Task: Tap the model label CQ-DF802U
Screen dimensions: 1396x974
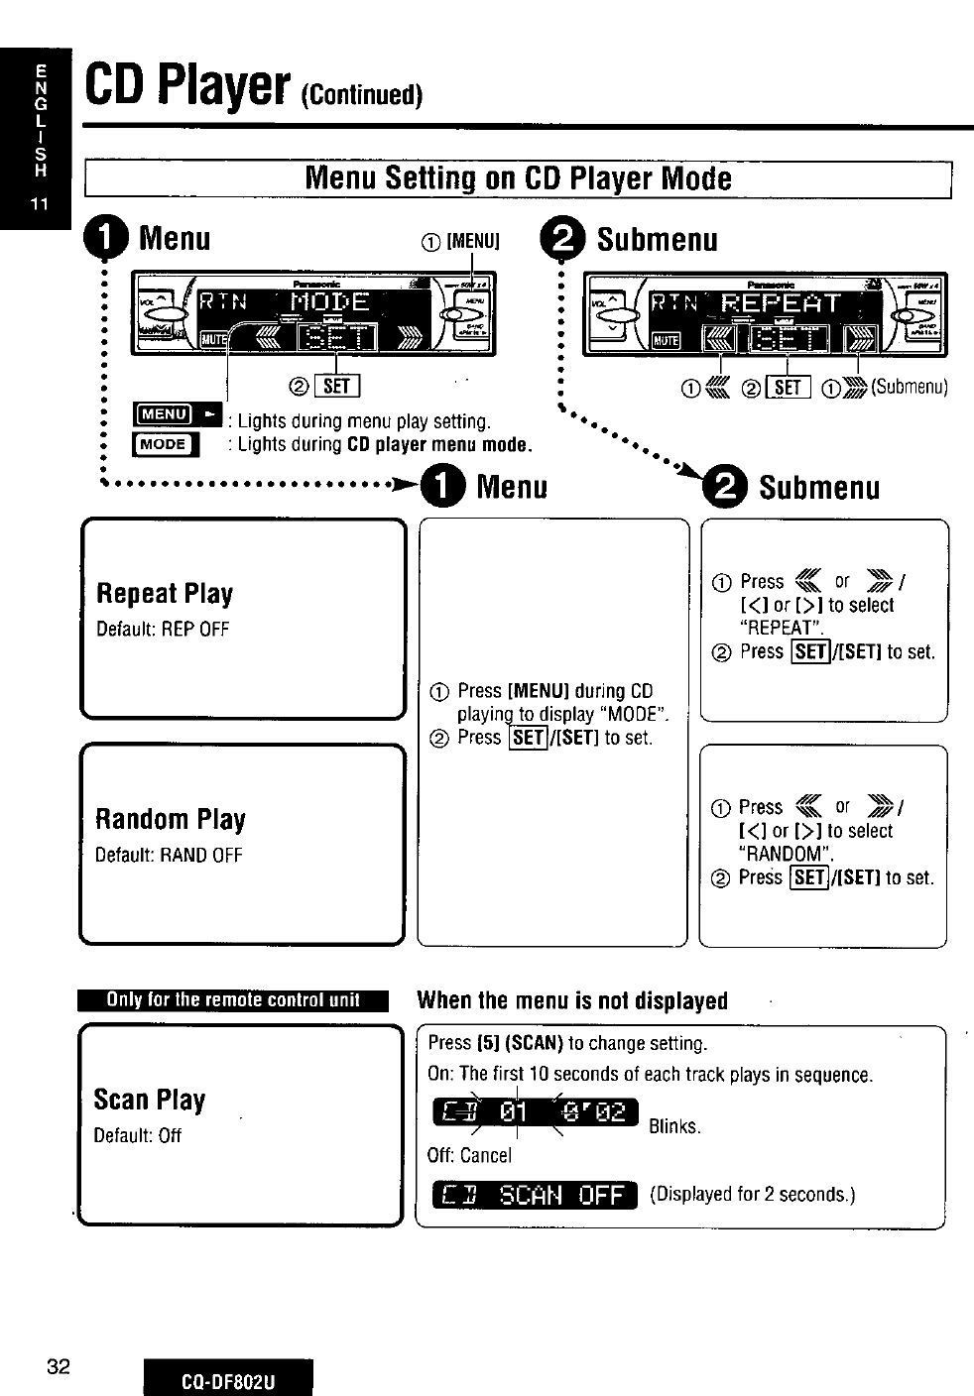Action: (x=227, y=1380)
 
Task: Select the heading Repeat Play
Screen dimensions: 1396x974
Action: (x=165, y=594)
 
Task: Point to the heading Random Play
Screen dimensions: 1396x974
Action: (x=170, y=820)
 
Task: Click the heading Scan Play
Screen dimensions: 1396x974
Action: (x=150, y=1101)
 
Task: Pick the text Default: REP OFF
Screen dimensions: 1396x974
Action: (x=163, y=630)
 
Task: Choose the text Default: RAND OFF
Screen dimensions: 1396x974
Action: (x=169, y=856)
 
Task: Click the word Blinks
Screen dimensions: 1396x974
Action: (x=674, y=1126)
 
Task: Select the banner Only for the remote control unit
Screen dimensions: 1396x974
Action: (x=234, y=1000)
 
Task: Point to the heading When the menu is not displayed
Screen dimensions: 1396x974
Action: (x=572, y=1000)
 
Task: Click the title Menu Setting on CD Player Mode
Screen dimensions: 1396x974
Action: (x=519, y=178)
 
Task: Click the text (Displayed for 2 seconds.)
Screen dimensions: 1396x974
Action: (x=753, y=1194)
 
